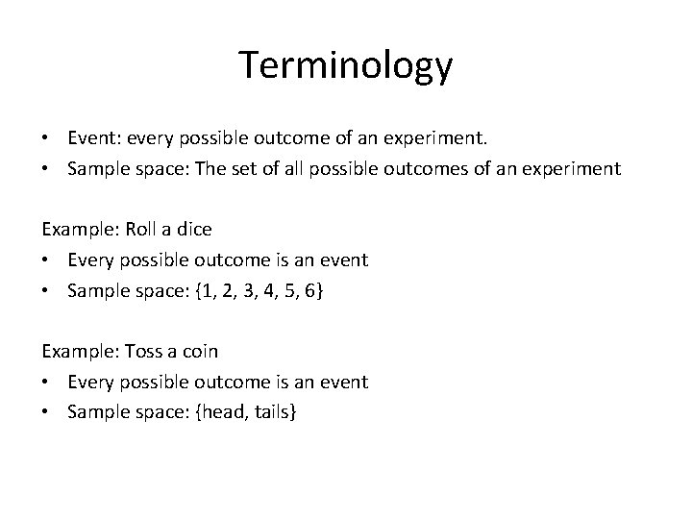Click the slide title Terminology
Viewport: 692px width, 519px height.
pos(345,65)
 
